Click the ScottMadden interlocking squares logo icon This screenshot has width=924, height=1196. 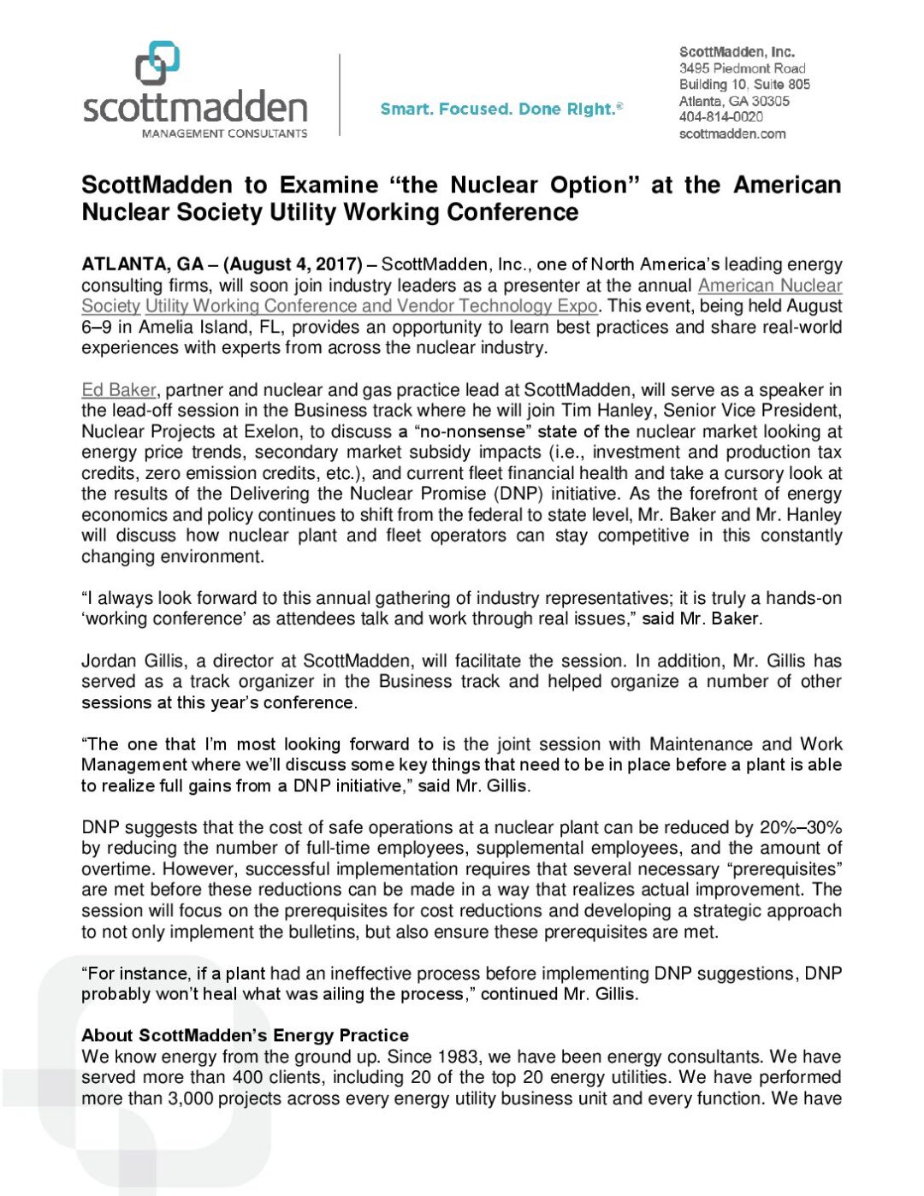[157, 64]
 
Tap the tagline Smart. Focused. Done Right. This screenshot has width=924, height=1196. [501, 109]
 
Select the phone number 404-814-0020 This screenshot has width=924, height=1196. [720, 117]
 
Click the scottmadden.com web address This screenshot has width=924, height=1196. [731, 133]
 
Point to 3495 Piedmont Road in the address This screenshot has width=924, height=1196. [742, 68]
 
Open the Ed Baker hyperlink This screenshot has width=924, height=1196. [119, 390]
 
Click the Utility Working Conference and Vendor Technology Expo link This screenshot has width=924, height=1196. [371, 306]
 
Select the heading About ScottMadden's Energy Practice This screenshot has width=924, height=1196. [245, 1035]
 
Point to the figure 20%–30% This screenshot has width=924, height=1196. [800, 827]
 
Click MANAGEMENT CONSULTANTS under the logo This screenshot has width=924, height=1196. [224, 133]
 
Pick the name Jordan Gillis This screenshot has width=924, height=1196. [133, 661]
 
